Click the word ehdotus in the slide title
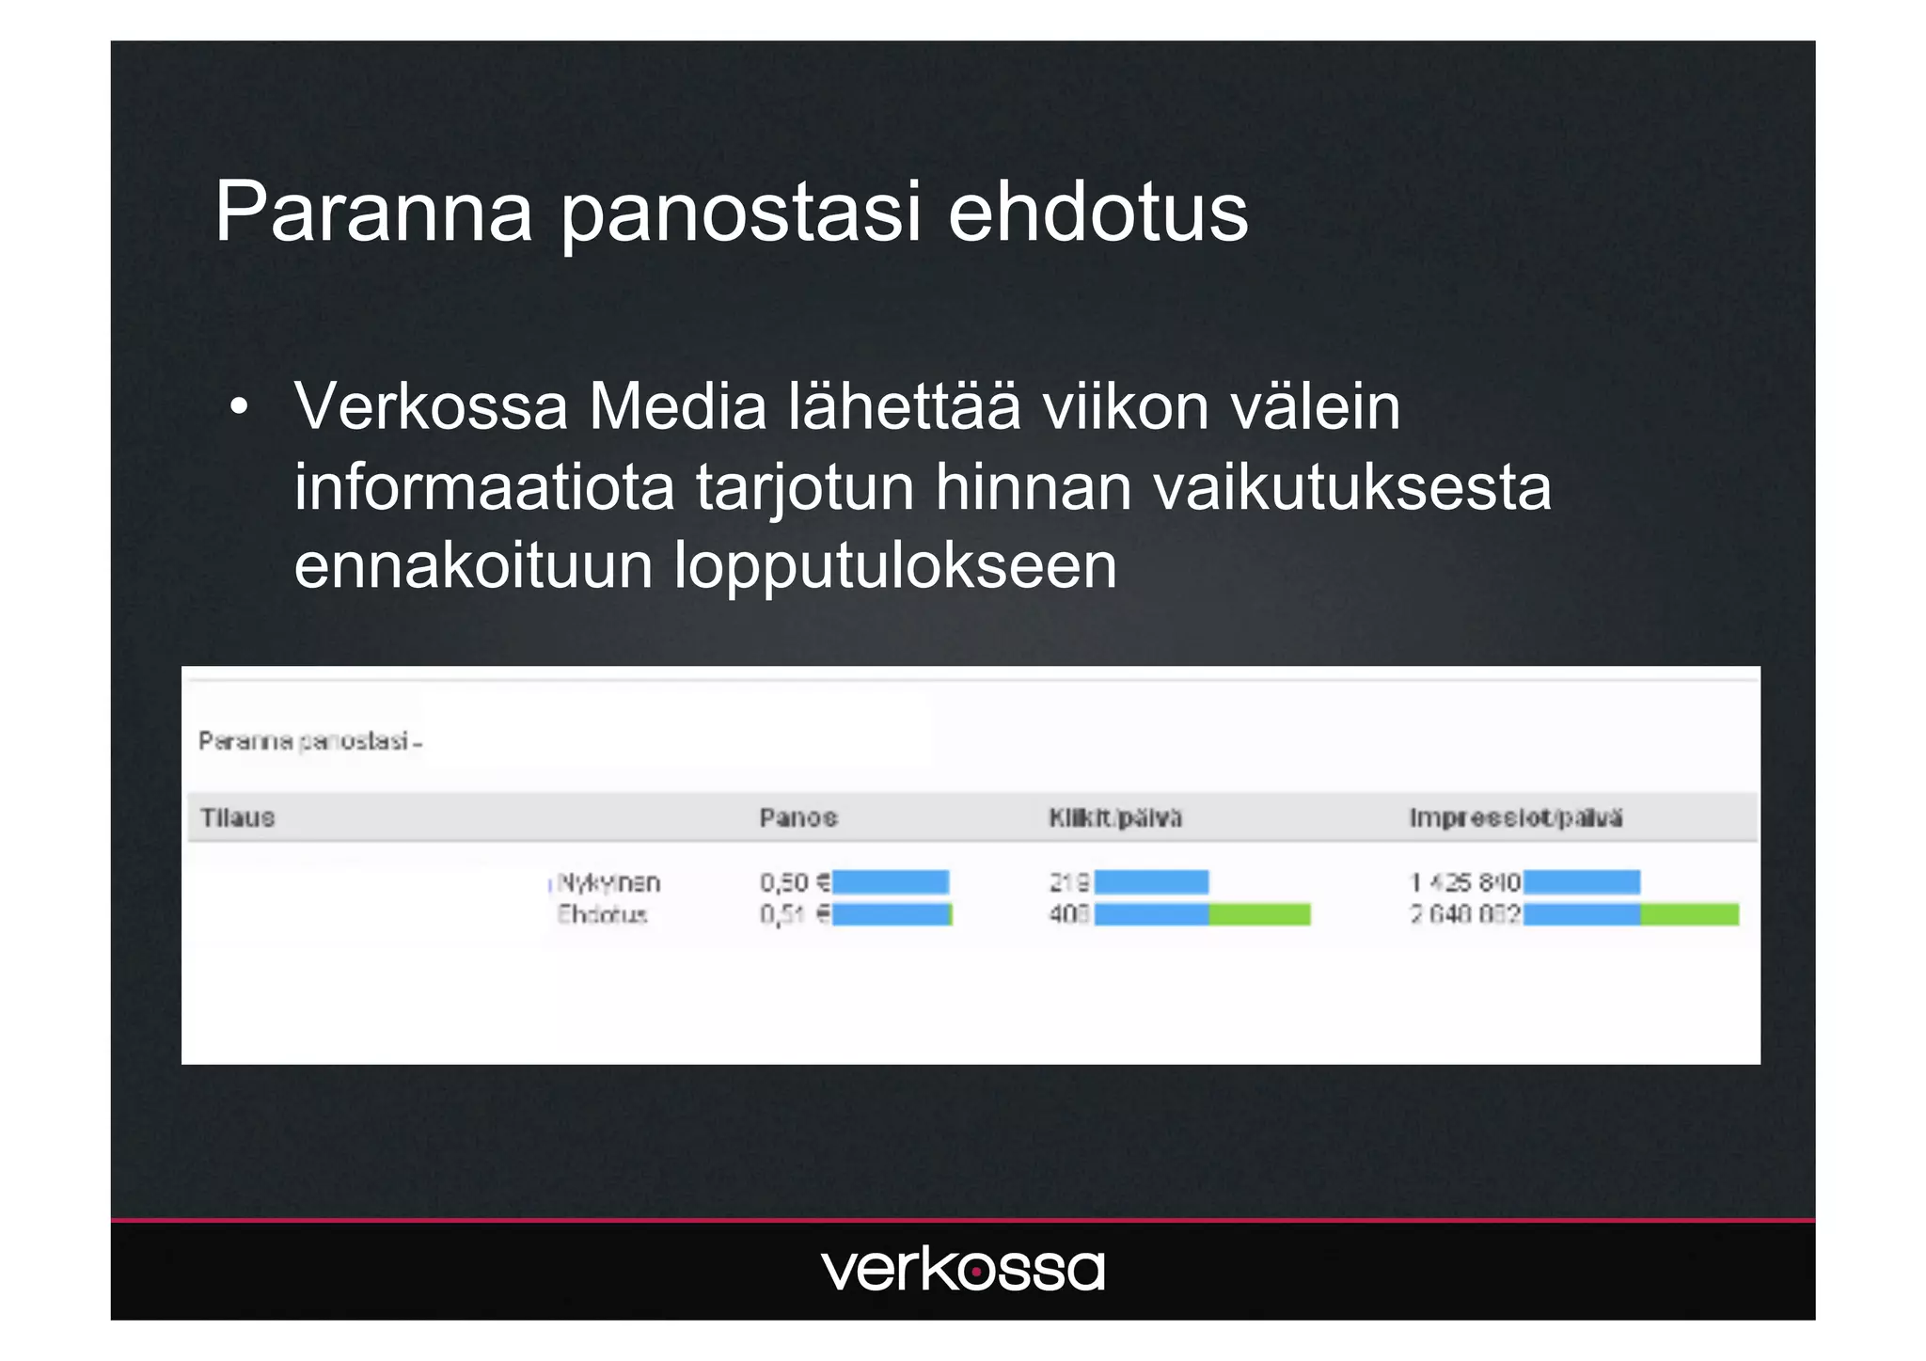pyautogui.click(x=1097, y=213)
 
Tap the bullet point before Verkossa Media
pyautogui.click(x=239, y=407)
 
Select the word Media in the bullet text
pyautogui.click(x=677, y=407)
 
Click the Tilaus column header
pyautogui.click(x=237, y=817)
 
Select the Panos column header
pyautogui.click(x=797, y=817)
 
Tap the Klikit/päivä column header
pyautogui.click(x=1115, y=817)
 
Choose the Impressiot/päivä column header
pyautogui.click(x=1515, y=817)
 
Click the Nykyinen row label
pyautogui.click(x=608, y=882)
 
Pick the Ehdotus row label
pyautogui.click(x=602, y=914)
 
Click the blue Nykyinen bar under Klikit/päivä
pyautogui.click(x=1151, y=882)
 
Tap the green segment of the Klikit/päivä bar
pyautogui.click(x=1259, y=914)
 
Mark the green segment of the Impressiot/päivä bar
pyautogui.click(x=1689, y=914)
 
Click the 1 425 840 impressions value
pyautogui.click(x=1464, y=882)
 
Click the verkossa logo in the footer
pyautogui.click(x=962, y=1270)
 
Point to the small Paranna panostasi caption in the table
pyautogui.click(x=309, y=742)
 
